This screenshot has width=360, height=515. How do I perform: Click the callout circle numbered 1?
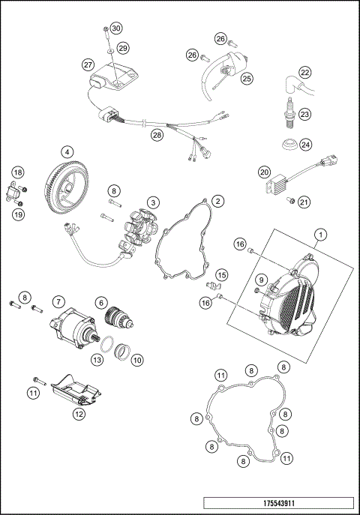pos(319,235)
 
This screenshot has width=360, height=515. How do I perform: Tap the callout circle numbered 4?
pos(67,151)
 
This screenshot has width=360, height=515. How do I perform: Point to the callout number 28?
pos(157,136)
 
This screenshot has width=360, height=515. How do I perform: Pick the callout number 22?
pos(304,73)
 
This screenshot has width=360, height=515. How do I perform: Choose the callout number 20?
pos(264,172)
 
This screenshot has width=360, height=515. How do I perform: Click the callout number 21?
pos(304,201)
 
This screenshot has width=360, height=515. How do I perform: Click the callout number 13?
pos(97,360)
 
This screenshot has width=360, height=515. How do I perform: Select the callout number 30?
pos(115,28)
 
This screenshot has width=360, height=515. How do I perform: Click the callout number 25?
pos(247,77)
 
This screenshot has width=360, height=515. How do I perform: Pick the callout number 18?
pos(17,172)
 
